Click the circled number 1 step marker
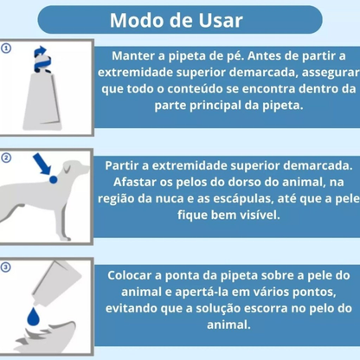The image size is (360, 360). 6,48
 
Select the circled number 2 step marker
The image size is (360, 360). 6,157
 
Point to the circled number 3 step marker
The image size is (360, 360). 6,267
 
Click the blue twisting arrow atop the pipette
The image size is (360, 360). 42,59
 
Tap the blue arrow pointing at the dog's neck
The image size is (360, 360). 42,164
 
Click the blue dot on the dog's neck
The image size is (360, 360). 54,180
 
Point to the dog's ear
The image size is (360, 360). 68,167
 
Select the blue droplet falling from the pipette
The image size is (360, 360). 34,316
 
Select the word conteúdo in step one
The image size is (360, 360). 195,88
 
